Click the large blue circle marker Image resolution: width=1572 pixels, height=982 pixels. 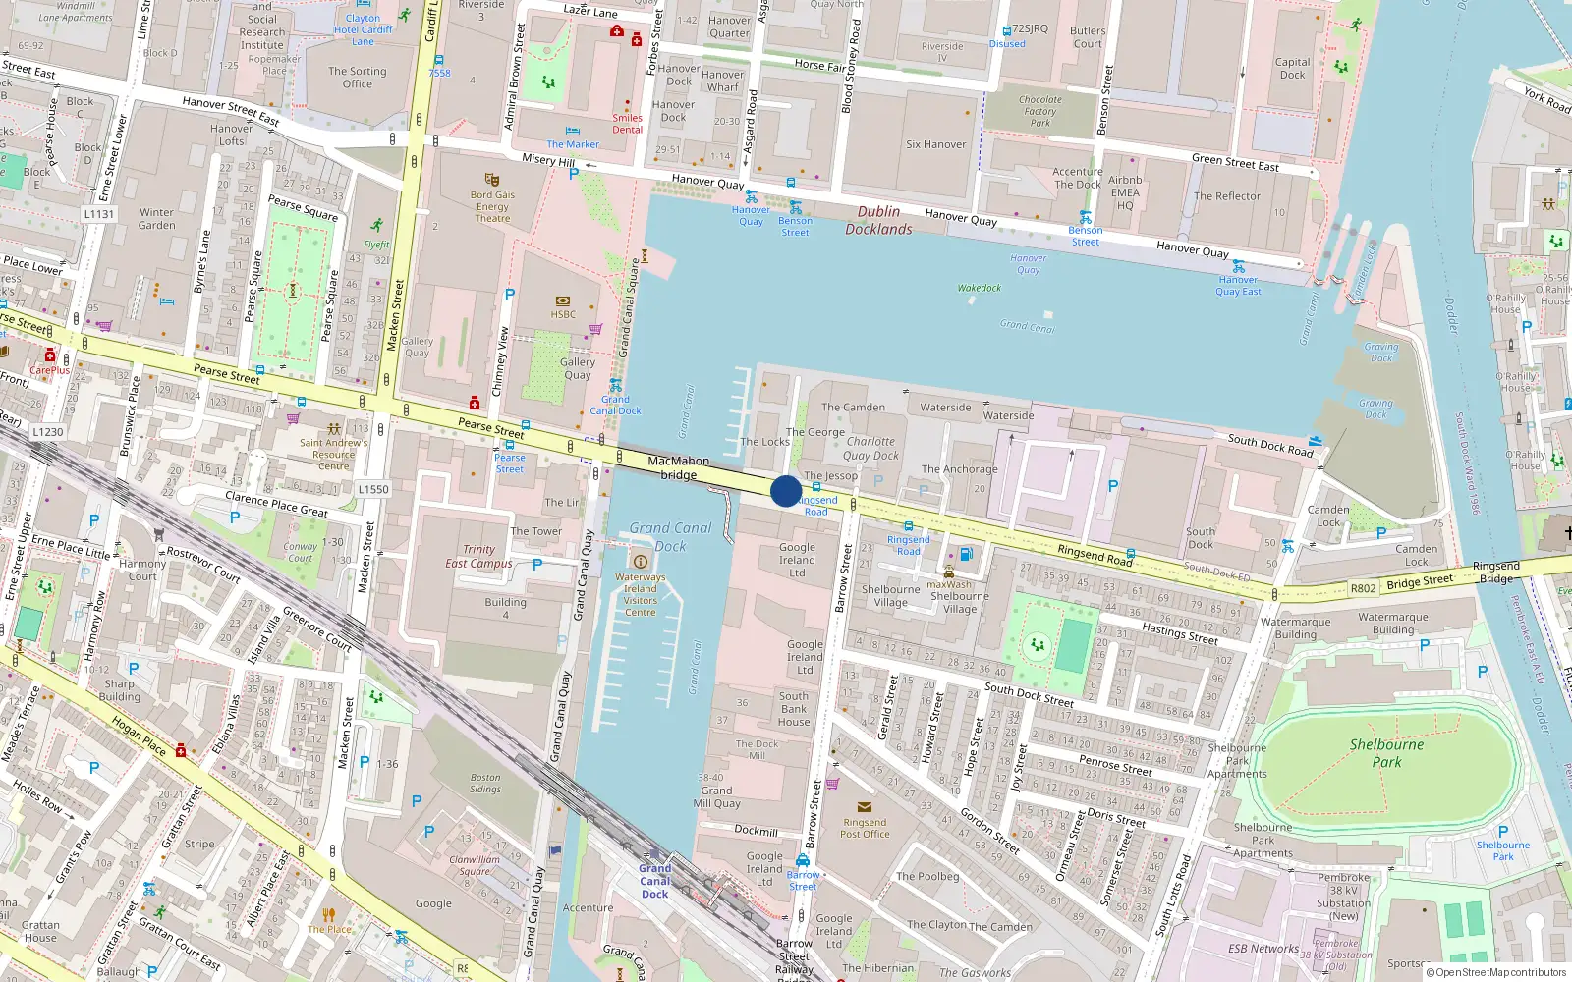click(786, 491)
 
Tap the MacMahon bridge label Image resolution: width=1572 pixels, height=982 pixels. click(678, 467)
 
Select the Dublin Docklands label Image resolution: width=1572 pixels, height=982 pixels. click(878, 220)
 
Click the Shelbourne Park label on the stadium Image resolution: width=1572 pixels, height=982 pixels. click(1386, 752)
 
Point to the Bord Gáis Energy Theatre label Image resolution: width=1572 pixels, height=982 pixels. click(492, 206)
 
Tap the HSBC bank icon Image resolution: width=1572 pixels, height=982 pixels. click(563, 300)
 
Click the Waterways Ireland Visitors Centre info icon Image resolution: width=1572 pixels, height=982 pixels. click(641, 562)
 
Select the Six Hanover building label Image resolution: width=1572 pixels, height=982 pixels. click(935, 144)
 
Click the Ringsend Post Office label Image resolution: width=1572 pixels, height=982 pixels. click(865, 828)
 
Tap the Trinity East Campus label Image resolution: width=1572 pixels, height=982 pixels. click(478, 557)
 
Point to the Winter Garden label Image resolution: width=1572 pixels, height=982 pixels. click(157, 218)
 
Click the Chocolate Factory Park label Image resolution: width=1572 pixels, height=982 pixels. click(1040, 111)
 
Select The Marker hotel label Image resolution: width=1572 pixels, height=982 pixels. click(573, 144)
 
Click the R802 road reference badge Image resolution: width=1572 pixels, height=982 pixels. click(1363, 588)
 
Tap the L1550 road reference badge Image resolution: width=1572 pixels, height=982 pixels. click(373, 488)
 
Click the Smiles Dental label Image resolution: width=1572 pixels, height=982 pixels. click(627, 124)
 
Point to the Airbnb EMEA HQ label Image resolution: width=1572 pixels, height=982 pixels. click(1125, 192)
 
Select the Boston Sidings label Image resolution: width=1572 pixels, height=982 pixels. click(485, 783)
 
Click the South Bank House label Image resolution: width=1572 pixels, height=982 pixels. click(794, 709)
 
